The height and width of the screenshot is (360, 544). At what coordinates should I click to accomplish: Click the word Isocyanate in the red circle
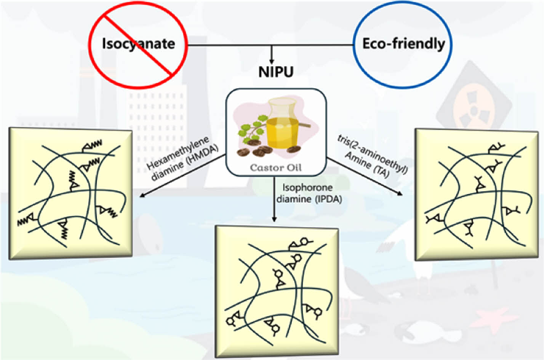(x=138, y=44)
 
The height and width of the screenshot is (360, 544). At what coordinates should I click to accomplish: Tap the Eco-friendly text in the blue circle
(x=403, y=44)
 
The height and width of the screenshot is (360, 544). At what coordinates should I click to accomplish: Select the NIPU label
(x=276, y=72)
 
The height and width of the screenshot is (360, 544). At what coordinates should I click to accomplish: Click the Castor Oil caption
(x=275, y=168)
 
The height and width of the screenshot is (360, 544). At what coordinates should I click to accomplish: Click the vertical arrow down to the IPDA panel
(x=274, y=202)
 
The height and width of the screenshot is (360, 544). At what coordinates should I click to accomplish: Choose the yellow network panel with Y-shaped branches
(x=477, y=194)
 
